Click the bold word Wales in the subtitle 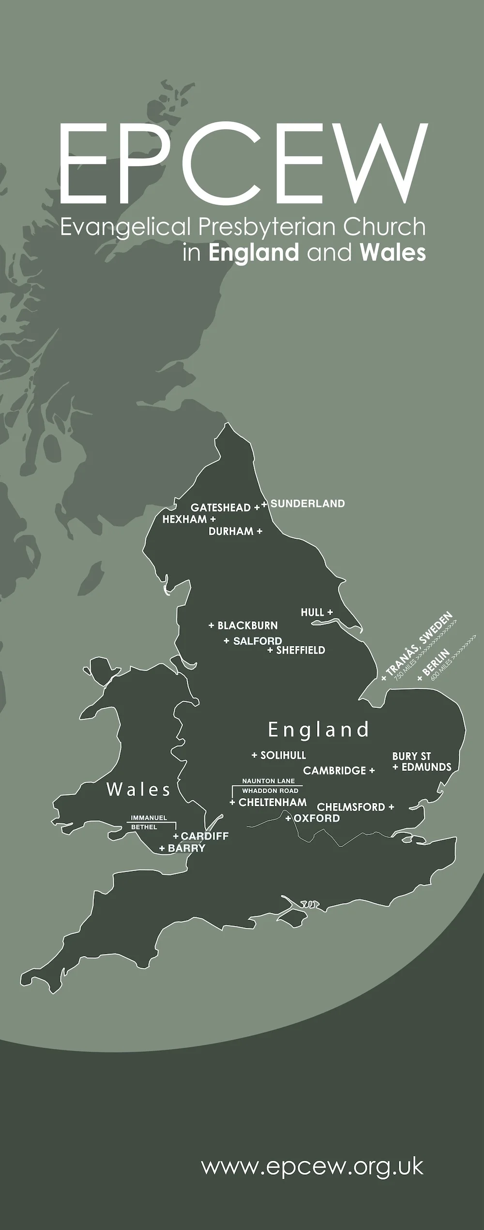click(393, 253)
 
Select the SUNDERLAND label click(307, 504)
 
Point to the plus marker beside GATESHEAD click(257, 507)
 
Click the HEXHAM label click(184, 519)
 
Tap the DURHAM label click(231, 531)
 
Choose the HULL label click(312, 613)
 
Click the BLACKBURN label click(247, 626)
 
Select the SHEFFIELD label click(301, 650)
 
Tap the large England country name click(318, 730)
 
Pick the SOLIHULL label click(283, 755)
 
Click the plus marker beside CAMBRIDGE click(372, 770)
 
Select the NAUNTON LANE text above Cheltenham click(268, 781)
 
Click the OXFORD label click(317, 818)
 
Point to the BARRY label click(186, 848)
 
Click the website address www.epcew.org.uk click(312, 1167)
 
